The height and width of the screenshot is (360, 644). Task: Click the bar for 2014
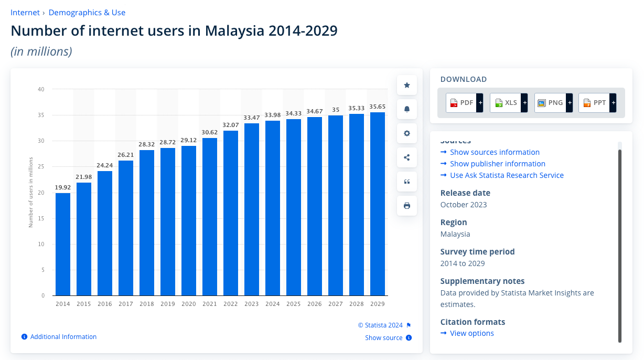pos(63,244)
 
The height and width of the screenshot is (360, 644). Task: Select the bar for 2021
pos(210,216)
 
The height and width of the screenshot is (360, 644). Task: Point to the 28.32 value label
pos(147,144)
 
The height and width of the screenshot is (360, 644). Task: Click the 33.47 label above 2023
pos(252,118)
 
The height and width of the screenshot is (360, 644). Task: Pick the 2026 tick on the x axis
pos(315,304)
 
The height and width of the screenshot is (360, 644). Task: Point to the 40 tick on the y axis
pos(41,89)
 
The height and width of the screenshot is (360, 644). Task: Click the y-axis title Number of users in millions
pos(31,192)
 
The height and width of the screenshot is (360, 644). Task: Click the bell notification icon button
pos(407,109)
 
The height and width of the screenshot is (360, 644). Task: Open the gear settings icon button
pos(407,133)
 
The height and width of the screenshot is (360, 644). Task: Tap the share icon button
pos(407,157)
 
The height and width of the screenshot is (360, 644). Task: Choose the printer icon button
pos(407,206)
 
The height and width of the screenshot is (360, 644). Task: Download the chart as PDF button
pos(464,103)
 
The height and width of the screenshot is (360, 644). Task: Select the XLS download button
pos(508,103)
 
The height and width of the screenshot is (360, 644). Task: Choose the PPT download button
pos(597,103)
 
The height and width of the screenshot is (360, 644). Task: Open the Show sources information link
pos(495,152)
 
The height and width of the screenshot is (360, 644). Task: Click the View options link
pos(471,333)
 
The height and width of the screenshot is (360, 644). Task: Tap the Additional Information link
pos(63,337)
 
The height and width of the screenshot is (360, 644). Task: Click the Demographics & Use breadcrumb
pos(87,13)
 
